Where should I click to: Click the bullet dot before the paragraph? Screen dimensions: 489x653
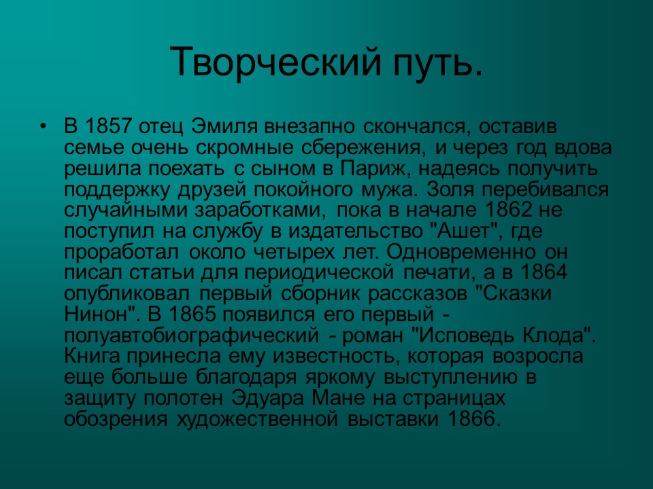[43, 127]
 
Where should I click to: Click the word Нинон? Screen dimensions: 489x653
[97, 314]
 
